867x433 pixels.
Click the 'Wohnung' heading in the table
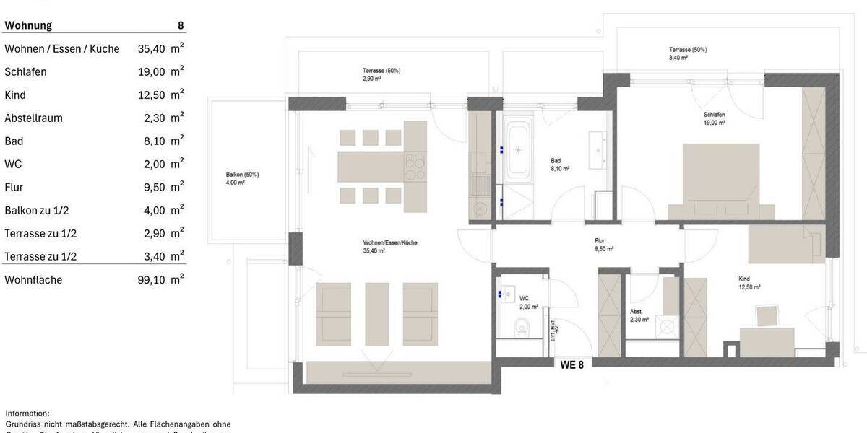[28, 25]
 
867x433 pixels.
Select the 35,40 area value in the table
[151, 49]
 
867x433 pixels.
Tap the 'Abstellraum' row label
[33, 118]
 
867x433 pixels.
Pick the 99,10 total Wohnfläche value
[151, 280]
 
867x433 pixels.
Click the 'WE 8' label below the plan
[571, 364]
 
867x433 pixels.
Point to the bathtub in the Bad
[517, 150]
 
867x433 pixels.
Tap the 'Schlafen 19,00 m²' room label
[714, 118]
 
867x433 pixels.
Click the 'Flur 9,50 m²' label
[604, 245]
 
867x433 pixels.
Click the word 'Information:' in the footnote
[27, 413]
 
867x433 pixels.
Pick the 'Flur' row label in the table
[14, 188]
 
